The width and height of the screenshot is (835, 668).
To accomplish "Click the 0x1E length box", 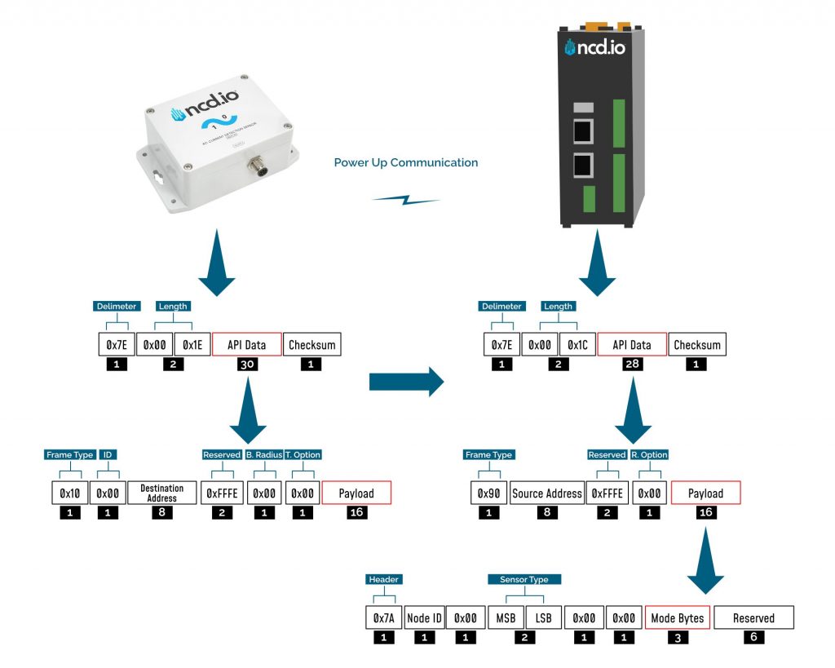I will (192, 345).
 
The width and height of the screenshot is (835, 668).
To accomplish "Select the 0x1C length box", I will (577, 345).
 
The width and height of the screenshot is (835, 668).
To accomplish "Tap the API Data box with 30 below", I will (246, 345).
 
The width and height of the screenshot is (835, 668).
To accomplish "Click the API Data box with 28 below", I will (631, 345).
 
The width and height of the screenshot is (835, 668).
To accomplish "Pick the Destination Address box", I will (161, 493).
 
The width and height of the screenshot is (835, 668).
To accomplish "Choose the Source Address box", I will (546, 493).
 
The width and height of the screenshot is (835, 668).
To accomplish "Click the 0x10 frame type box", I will (68, 493).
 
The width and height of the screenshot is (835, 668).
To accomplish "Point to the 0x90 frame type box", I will (487, 493).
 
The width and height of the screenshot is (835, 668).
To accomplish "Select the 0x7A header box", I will (382, 618).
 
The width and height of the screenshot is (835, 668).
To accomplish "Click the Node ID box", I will (424, 618).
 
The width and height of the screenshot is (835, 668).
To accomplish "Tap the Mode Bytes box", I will (678, 618).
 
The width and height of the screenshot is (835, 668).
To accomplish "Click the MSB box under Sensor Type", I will (505, 618).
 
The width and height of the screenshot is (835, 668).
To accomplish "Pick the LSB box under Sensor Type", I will (543, 618).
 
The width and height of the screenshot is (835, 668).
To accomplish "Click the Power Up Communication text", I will (405, 163).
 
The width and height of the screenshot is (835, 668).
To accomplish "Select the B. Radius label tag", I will (263, 454).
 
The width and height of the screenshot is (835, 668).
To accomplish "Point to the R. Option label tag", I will (650, 454).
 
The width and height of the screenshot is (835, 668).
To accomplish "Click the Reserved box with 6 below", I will (753, 618).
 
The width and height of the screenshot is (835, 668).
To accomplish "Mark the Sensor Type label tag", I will (524, 579).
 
